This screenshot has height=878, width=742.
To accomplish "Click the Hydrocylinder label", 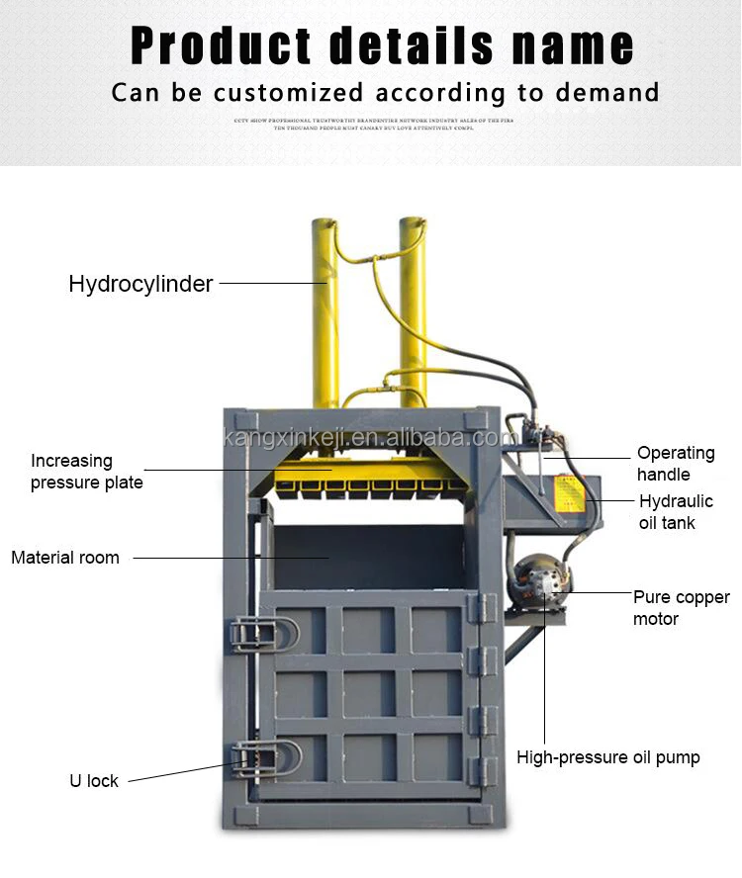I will [140, 285].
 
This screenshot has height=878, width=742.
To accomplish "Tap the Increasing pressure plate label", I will [86, 472].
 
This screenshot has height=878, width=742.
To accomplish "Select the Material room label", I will [65, 558].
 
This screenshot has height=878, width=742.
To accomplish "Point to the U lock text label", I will [94, 781].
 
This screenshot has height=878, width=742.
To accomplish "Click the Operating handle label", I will [676, 464].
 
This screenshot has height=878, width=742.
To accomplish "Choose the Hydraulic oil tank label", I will [676, 512].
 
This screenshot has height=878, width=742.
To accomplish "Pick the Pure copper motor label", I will [681, 608].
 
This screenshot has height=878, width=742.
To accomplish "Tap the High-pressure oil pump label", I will [607, 758].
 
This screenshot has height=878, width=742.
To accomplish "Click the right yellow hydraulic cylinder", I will [413, 307].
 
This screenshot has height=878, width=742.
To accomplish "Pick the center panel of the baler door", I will [369, 693].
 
